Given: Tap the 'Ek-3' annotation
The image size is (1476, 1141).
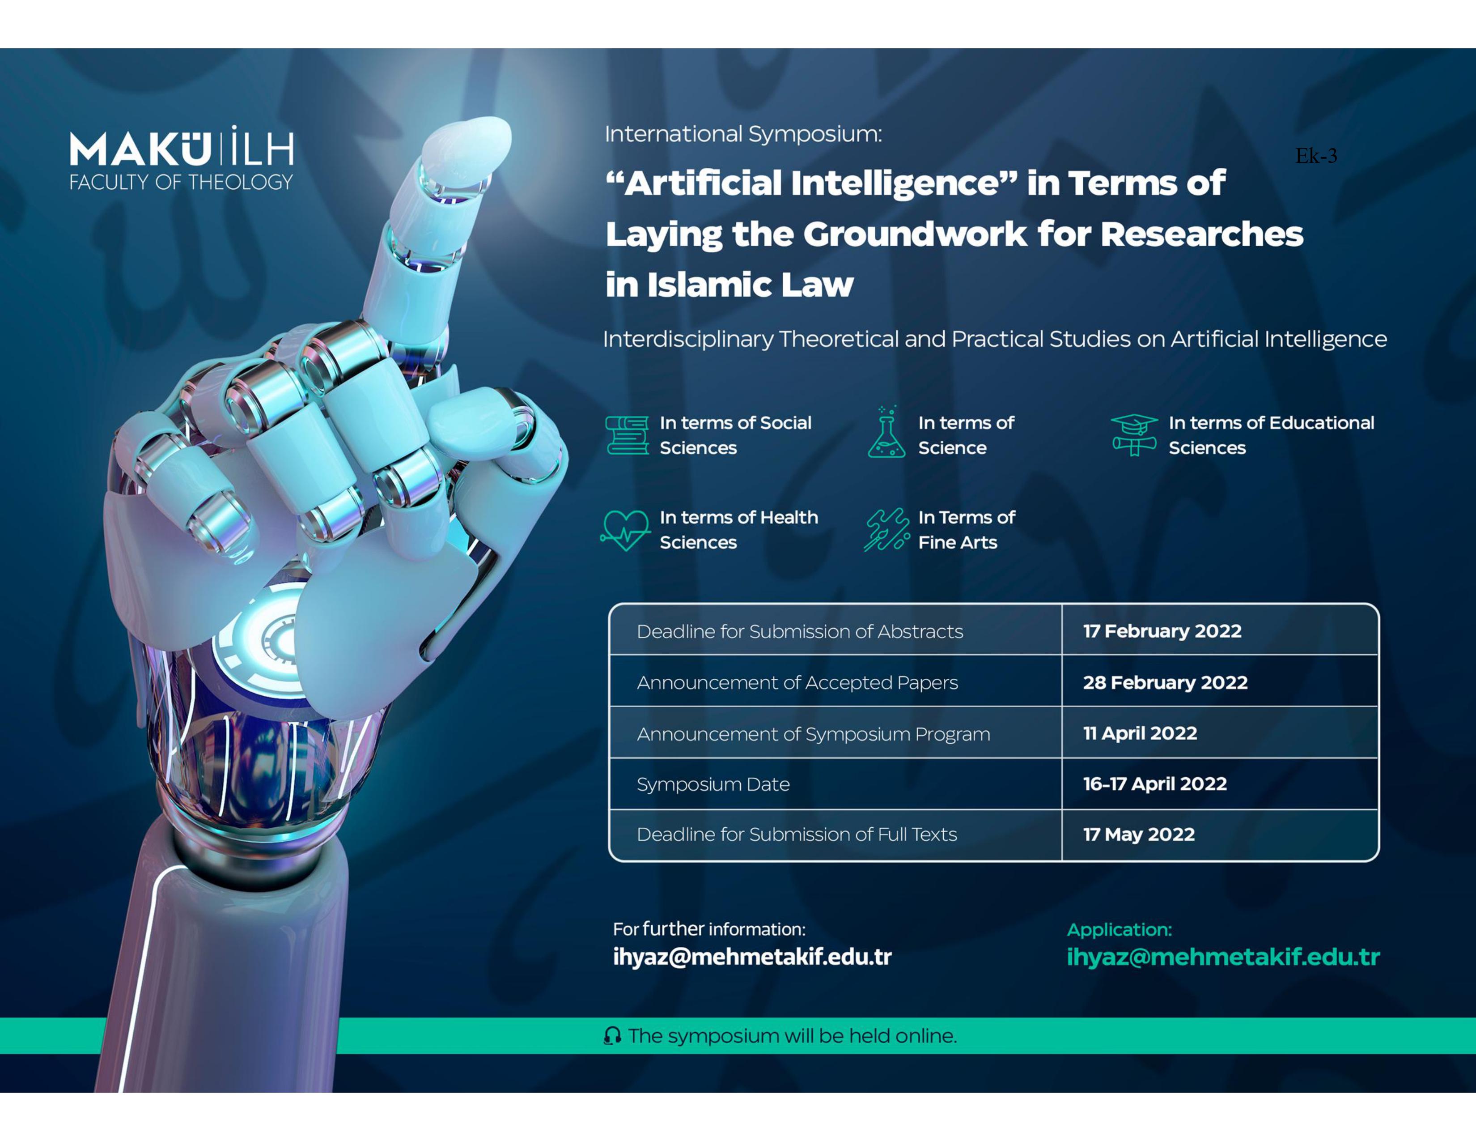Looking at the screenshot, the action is click(x=1316, y=156).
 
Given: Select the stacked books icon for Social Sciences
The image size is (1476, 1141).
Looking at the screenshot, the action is click(x=627, y=435).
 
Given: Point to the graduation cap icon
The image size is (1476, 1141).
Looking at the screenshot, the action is click(x=1134, y=434).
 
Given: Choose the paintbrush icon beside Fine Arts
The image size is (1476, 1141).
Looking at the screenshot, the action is click(x=886, y=530).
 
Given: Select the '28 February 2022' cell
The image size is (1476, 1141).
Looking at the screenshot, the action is click(x=1165, y=683).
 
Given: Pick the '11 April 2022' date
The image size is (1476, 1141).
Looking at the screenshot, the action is click(x=1140, y=733).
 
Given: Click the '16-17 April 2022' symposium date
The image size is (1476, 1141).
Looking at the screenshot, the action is click(x=1155, y=784).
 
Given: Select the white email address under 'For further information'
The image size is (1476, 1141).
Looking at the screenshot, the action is click(x=752, y=957).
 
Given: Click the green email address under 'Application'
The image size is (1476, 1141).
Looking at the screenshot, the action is click(x=1223, y=957).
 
